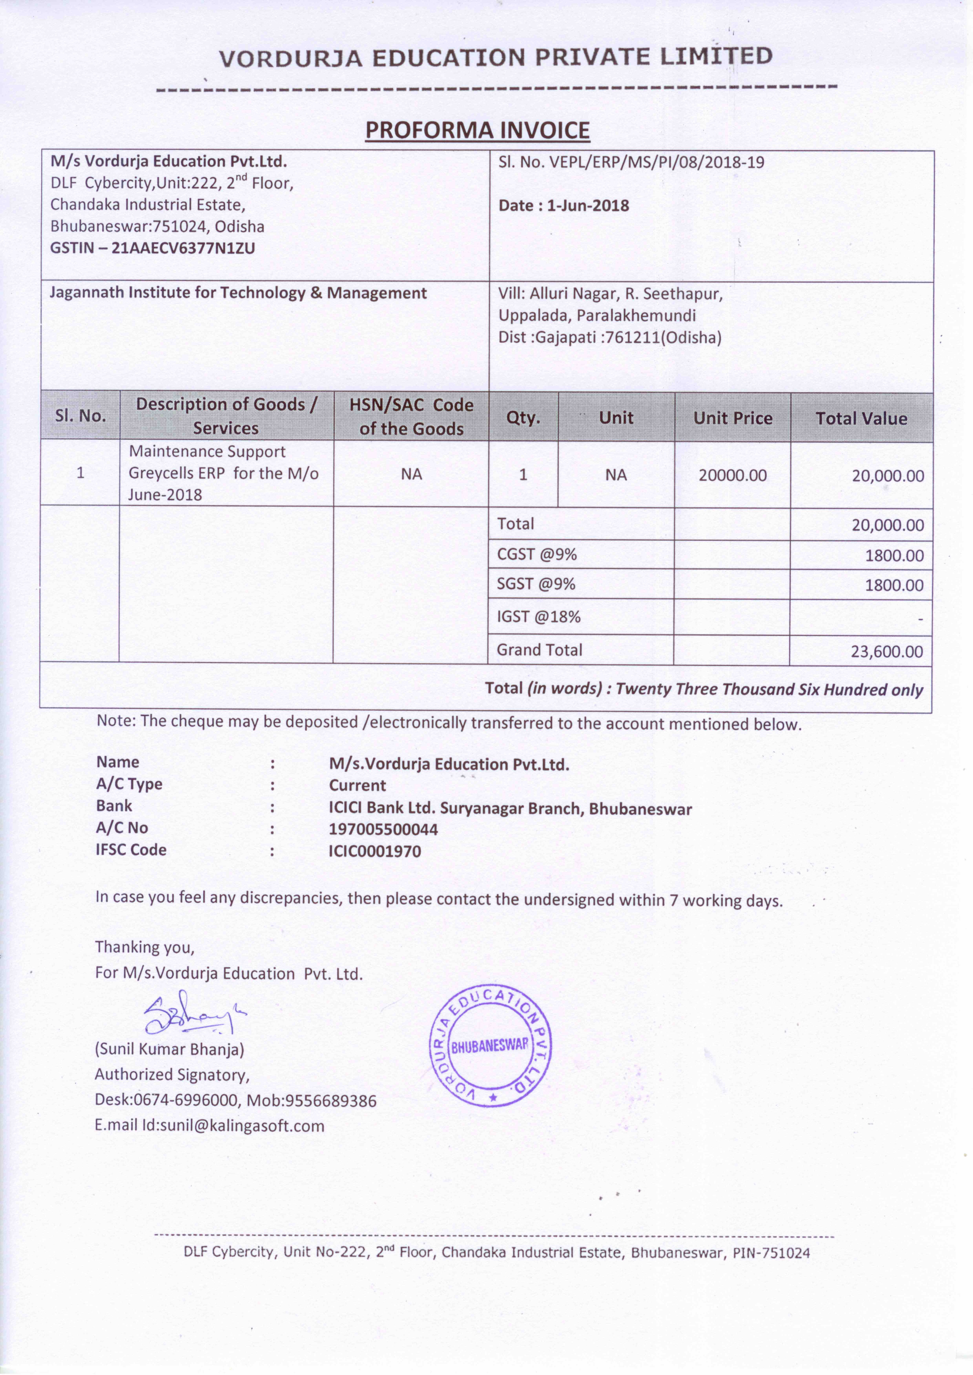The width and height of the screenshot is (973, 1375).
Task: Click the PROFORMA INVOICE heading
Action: click(478, 130)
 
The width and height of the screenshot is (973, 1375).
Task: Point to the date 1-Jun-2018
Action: click(588, 206)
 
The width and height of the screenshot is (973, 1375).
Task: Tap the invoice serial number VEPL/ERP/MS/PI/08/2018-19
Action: click(656, 162)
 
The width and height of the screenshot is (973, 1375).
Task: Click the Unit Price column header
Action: click(732, 418)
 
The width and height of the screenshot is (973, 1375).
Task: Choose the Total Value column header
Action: click(861, 418)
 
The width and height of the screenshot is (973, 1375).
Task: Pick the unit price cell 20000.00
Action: click(732, 476)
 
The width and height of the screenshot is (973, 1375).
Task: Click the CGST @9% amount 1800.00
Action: click(894, 555)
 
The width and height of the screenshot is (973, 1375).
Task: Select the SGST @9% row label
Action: click(536, 584)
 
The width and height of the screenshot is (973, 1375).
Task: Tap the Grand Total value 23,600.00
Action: click(887, 651)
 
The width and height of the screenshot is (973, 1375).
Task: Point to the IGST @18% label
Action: click(539, 617)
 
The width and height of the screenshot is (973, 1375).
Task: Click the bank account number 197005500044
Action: click(384, 829)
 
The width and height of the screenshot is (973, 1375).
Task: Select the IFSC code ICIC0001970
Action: click(375, 851)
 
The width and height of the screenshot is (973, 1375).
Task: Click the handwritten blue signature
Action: click(192, 1014)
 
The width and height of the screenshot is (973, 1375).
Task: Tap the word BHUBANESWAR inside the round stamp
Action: click(490, 1046)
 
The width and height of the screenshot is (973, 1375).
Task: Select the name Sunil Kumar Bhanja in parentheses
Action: click(170, 1049)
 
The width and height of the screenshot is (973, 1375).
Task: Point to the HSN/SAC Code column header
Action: click(411, 417)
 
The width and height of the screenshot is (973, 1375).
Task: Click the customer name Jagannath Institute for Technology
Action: click(238, 293)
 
